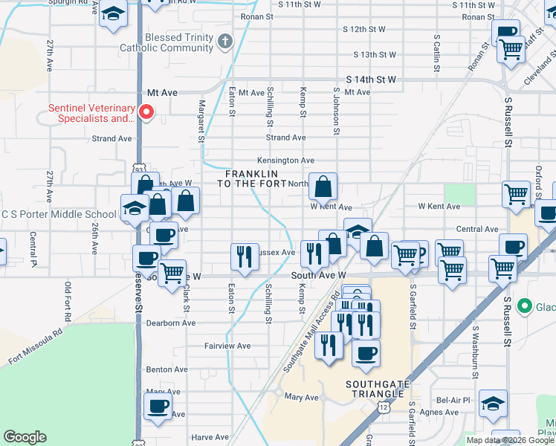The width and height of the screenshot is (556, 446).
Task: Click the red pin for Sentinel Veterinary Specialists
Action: click(146, 112)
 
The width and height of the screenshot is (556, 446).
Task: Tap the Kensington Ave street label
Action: click(285, 161)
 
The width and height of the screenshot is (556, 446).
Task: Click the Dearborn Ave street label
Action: click(171, 323)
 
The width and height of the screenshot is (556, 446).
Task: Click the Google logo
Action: click(25, 437)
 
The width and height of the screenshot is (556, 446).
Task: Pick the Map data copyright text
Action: click(510, 440)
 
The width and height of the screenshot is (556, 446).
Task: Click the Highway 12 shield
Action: click(382, 407)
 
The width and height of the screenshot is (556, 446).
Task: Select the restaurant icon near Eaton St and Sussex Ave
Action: click(245, 257)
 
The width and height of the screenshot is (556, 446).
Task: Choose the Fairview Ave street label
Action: click(229, 346)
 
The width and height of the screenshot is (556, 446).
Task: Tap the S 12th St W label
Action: click(364, 30)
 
